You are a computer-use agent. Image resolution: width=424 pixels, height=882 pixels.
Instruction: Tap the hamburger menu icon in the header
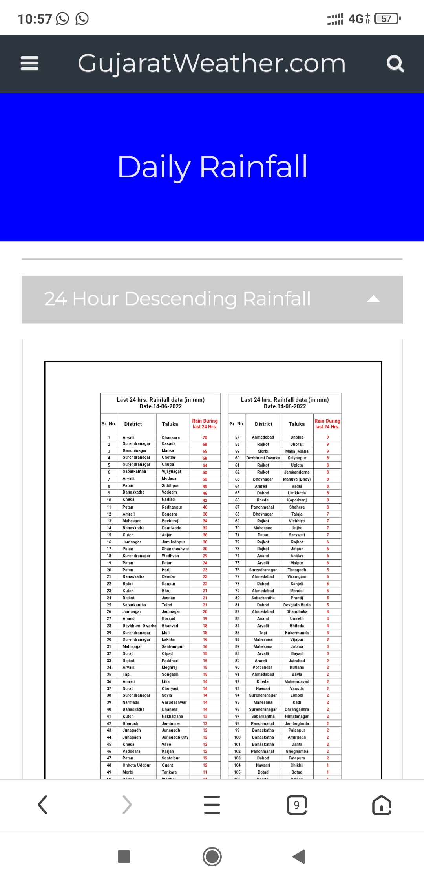pyautogui.click(x=29, y=63)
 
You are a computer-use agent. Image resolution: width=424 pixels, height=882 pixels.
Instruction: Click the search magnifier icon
pyautogui.click(x=395, y=64)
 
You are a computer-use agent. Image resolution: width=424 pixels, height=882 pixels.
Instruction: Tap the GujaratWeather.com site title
pyautogui.click(x=212, y=63)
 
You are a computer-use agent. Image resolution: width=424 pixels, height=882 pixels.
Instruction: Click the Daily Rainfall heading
pyautogui.click(x=212, y=167)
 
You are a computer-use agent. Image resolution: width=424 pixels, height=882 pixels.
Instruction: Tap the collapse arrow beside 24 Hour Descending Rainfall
pyautogui.click(x=373, y=299)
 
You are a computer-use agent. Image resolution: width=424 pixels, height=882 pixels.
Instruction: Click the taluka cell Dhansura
pyautogui.click(x=171, y=437)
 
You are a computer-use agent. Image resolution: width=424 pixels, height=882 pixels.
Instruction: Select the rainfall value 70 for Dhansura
pyautogui.click(x=205, y=437)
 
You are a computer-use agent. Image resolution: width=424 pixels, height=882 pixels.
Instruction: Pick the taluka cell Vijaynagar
pyautogui.click(x=172, y=472)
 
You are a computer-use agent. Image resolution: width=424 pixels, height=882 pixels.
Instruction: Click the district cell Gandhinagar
pyautogui.click(x=134, y=451)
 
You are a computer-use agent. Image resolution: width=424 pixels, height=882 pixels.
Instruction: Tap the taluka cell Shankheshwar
pyautogui.click(x=175, y=549)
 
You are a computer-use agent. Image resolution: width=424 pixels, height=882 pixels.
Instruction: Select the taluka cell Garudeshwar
pyautogui.click(x=174, y=703)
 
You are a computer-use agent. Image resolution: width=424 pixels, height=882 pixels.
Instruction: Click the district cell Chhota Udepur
pyautogui.click(x=136, y=765)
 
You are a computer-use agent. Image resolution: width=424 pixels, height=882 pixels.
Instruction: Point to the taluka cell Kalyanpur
pyautogui.click(x=297, y=458)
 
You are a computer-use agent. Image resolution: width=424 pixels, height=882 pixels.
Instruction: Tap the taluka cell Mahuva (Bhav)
pyautogui.click(x=297, y=479)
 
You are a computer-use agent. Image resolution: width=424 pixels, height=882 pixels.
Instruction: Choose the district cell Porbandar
pyautogui.click(x=262, y=668)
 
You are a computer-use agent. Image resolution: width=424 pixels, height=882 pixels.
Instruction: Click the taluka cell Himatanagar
pyautogui.click(x=297, y=717)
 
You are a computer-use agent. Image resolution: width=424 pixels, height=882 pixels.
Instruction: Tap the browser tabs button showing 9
pyautogui.click(x=297, y=805)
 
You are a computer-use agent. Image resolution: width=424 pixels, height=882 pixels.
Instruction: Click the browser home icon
pyautogui.click(x=382, y=805)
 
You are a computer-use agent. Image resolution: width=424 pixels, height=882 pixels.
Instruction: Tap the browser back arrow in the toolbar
pyautogui.click(x=42, y=805)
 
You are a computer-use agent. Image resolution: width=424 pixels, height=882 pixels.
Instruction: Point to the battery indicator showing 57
pyautogui.click(x=387, y=18)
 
